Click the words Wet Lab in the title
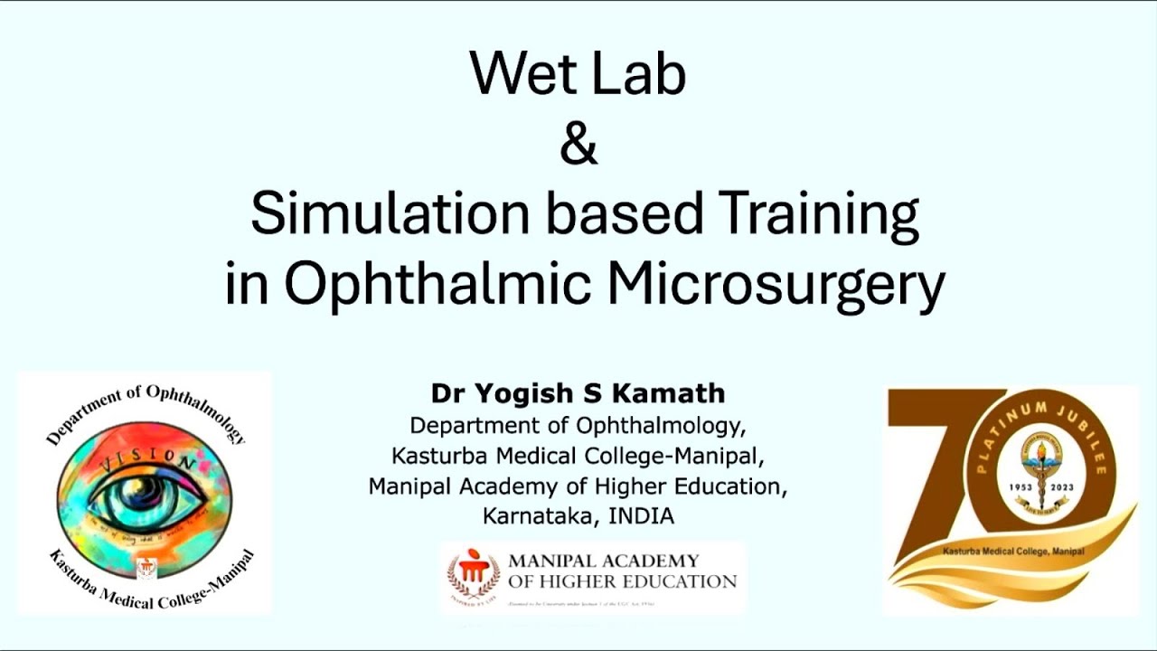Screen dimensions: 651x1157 tap(578, 74)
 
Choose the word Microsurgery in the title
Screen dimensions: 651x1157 tap(776, 284)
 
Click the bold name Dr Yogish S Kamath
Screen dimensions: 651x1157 tap(578, 394)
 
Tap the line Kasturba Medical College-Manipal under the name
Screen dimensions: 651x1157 tap(578, 454)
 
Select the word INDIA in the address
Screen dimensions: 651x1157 tap(641, 516)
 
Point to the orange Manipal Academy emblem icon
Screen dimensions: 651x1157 tap(474, 575)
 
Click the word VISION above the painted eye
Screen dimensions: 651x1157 tap(150, 461)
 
